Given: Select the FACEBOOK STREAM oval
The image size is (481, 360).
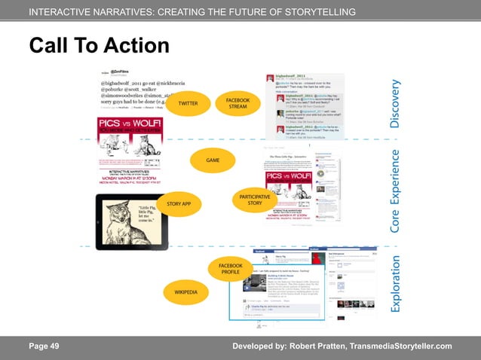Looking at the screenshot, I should (x=238, y=103).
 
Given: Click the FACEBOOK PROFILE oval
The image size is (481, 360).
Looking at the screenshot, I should (x=230, y=269).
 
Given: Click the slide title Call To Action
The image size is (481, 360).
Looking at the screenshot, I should (x=99, y=46).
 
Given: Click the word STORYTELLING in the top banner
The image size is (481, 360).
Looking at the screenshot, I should (x=317, y=13).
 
